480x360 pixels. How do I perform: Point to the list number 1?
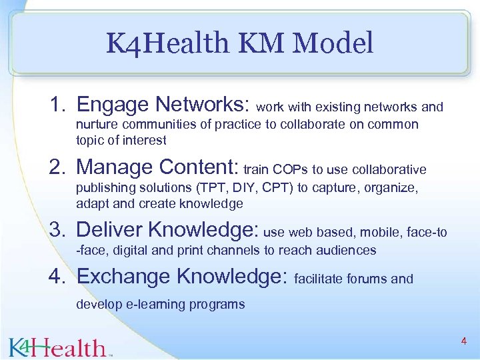(x=57, y=105)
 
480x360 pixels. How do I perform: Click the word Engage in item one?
(x=113, y=105)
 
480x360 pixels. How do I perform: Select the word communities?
(x=150, y=125)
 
